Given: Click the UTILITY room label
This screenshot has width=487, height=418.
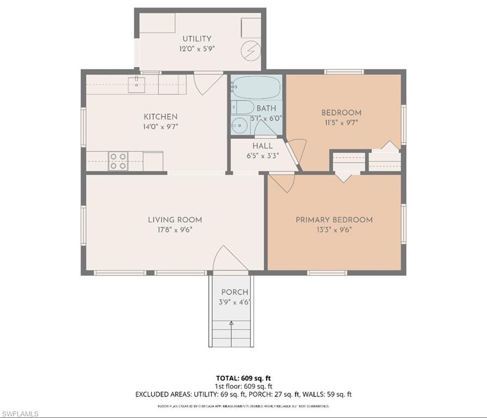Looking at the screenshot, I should tap(196, 39).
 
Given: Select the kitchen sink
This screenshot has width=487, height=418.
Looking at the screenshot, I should tap(135, 83).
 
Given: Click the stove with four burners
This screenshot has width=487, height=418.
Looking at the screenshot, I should tap(118, 161).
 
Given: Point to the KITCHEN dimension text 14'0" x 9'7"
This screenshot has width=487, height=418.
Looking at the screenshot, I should tap(160, 126).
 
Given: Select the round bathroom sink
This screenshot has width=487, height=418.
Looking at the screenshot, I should tap(238, 126).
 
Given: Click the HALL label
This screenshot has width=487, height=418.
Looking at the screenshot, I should tap(262, 146).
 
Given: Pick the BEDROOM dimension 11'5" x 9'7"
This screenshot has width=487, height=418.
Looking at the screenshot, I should tap(341, 122).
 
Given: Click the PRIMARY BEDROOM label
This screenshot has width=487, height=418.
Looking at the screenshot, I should tap(334, 220).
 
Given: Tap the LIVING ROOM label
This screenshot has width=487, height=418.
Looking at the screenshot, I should tap(175, 220).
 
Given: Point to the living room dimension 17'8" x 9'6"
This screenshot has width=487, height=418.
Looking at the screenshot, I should tap(175, 230).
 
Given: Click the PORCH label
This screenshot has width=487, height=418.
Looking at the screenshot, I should tap(235, 292).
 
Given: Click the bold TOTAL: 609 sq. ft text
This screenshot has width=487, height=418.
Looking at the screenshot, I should tap(243, 377).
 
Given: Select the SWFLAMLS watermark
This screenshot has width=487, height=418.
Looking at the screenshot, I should tap(20, 414).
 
